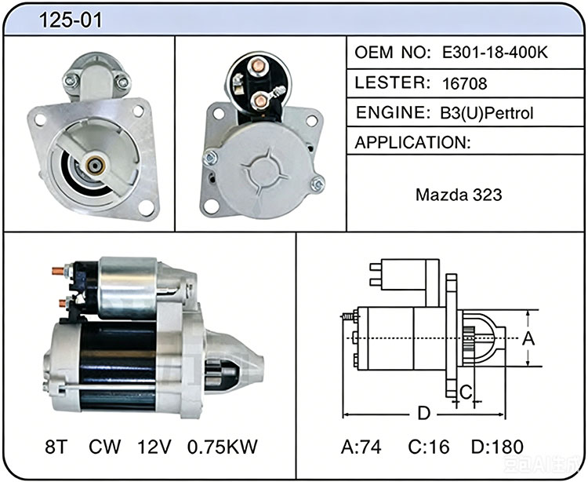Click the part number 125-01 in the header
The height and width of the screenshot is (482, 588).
click(71, 20)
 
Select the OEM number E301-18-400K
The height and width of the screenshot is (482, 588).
click(495, 53)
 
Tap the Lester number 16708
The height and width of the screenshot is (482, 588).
click(465, 83)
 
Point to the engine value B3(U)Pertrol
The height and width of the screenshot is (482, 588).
click(486, 112)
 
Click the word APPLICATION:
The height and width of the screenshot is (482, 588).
click(412, 142)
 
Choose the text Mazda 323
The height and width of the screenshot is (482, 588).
click(459, 195)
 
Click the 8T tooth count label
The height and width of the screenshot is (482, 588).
click(56, 447)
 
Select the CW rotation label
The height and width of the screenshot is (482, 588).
click(104, 447)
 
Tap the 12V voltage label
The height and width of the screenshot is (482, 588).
click(154, 447)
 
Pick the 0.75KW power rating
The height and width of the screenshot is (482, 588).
click(223, 447)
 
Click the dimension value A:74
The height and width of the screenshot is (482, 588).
click(361, 447)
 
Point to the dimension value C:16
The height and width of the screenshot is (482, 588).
click(429, 447)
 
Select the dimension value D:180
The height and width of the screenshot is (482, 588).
click(497, 447)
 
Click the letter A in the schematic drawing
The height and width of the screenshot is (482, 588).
click(528, 338)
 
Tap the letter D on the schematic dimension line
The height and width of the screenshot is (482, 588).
click(423, 413)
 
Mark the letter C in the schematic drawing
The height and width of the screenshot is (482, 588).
click(466, 393)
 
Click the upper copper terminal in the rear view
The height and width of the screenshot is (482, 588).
click(258, 66)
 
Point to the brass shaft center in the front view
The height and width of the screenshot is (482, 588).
click(93, 164)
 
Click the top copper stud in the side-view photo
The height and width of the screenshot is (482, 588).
click(58, 271)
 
